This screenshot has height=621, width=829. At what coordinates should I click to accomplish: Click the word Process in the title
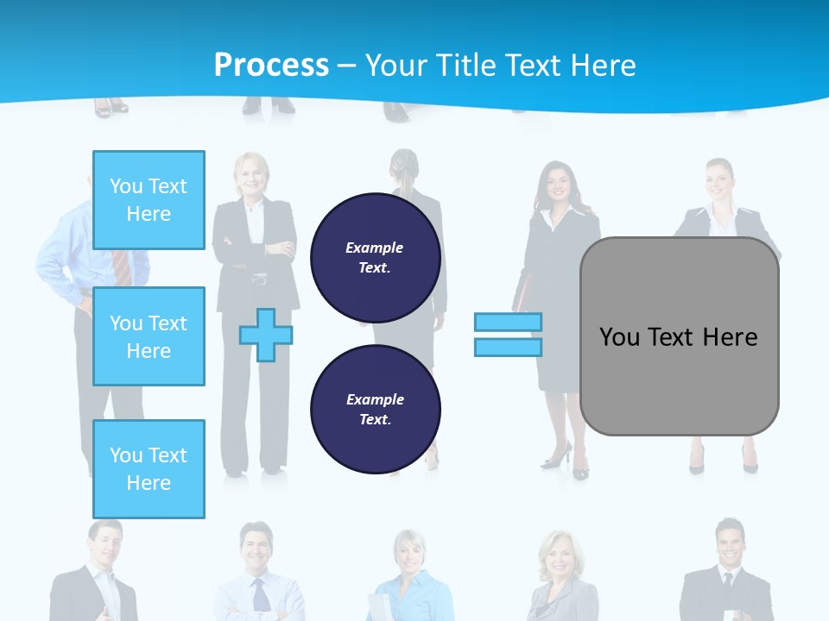click(x=271, y=66)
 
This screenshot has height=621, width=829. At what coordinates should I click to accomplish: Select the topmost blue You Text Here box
click(x=149, y=200)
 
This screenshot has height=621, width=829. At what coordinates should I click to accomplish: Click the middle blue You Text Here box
click(x=149, y=336)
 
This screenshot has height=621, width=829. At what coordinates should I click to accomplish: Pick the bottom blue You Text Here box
click(x=149, y=469)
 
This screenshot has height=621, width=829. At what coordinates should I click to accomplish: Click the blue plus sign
click(x=266, y=335)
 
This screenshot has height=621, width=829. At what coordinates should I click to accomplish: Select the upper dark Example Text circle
click(x=375, y=257)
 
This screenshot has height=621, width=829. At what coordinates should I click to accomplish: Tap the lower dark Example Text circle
click(x=375, y=409)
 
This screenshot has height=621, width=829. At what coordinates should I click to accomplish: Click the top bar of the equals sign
click(x=508, y=323)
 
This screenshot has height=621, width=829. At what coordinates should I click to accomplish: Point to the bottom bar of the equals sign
click(x=508, y=348)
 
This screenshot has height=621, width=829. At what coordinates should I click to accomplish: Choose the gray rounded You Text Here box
click(x=679, y=336)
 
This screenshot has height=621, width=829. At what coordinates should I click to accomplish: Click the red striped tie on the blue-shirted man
click(x=123, y=267)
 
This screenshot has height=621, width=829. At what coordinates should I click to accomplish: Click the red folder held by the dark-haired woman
click(x=522, y=289)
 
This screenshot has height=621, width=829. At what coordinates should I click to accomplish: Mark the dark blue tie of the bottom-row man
click(x=259, y=595)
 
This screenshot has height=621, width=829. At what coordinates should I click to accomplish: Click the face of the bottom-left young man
click(x=104, y=545)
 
